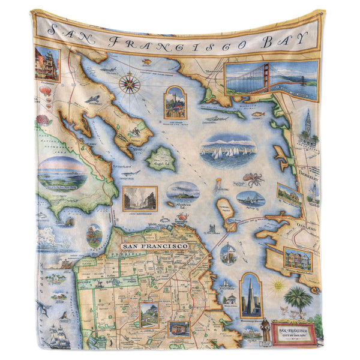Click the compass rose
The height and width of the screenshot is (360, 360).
pyautogui.click(x=129, y=83)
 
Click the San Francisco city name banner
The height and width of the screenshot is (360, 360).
pyautogui.click(x=154, y=246)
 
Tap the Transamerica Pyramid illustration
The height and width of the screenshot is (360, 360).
pyautogui.click(x=250, y=295)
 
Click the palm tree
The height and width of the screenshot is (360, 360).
pyautogui.click(x=298, y=298)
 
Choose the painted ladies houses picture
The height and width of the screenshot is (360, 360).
pyautogui.click(x=297, y=259)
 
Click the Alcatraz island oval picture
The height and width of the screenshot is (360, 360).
pyautogui.click(x=183, y=191)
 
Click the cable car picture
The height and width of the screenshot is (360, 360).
pyautogui.click(x=179, y=329)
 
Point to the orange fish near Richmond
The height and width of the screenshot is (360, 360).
pyautogui.click(x=257, y=113)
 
